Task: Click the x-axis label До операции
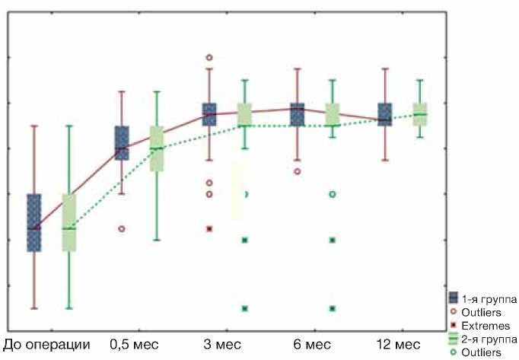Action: coord(47,344)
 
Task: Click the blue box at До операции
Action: coord(34,222)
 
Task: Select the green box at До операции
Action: coord(69,222)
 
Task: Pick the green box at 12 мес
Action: coord(420,114)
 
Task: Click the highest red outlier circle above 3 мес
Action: coord(209,57)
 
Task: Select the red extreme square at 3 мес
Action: coord(209,228)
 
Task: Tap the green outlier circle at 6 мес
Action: coord(333,194)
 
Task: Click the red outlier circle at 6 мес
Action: coord(298,171)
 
